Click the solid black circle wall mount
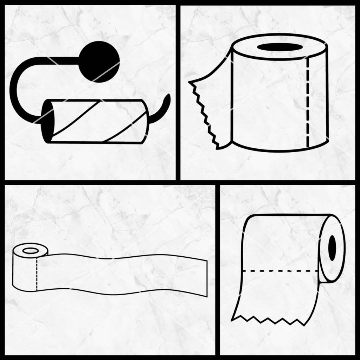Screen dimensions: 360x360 100,62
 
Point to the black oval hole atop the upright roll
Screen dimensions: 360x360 280,47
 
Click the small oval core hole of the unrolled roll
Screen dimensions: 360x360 30,251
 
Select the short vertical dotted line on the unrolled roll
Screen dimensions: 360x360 37,274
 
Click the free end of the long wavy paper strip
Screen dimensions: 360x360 205,278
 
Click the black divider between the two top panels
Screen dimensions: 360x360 178,91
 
